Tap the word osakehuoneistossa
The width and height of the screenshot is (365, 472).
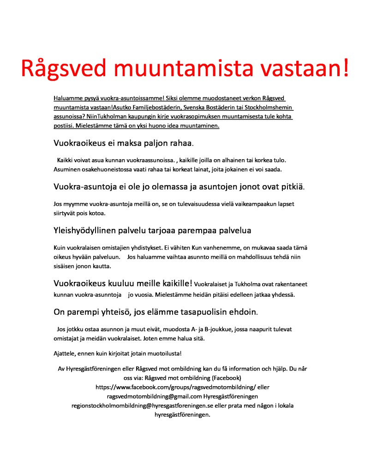(108, 169)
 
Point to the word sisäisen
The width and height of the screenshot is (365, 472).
(65, 266)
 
